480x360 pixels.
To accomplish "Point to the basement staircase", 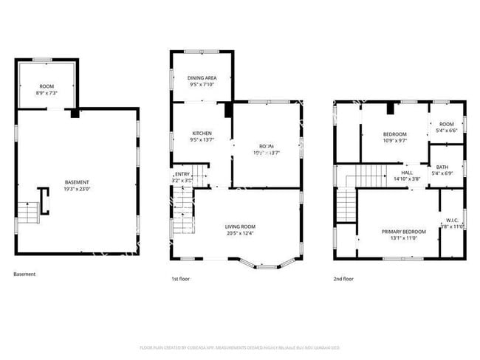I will click(27, 212).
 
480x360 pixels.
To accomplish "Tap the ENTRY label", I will click(182, 174).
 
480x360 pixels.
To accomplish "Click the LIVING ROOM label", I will click(240, 226).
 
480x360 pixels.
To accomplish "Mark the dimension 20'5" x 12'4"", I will click(240, 233).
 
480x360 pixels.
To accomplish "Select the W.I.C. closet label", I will click(453, 219).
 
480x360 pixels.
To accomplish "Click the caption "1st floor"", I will click(180, 279).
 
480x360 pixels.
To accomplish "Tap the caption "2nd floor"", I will click(343, 279).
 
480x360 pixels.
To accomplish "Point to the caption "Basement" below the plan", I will click(24, 274).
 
